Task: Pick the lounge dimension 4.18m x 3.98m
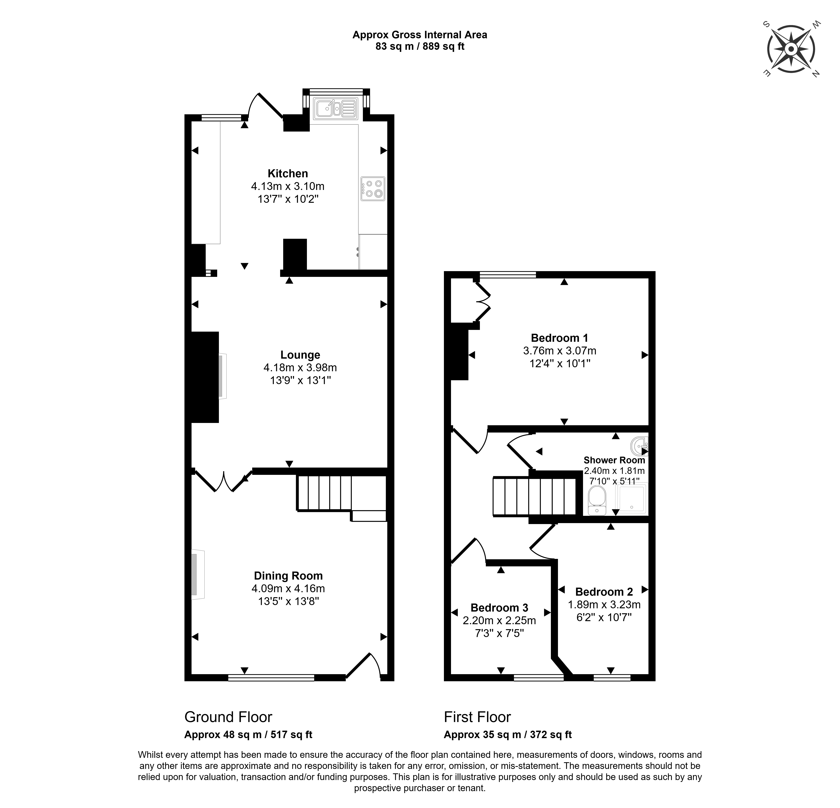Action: (x=300, y=368)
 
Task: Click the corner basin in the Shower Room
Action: (x=639, y=446)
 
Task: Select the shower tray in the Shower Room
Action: (x=632, y=499)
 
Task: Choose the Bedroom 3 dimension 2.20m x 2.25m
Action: (x=499, y=621)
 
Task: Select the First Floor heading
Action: (x=477, y=717)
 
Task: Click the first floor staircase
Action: (x=534, y=497)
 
